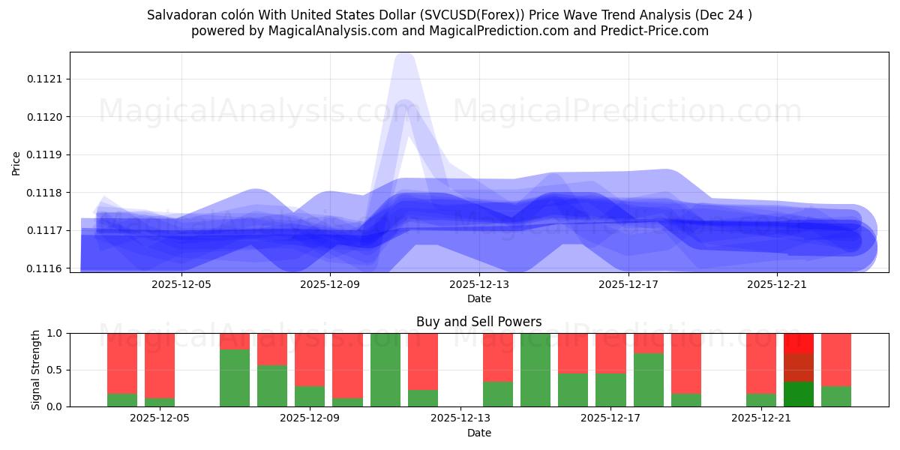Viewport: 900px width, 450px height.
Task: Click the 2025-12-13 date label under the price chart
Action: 479,284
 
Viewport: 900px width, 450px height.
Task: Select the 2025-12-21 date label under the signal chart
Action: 761,418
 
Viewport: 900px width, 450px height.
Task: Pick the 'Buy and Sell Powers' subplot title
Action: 479,322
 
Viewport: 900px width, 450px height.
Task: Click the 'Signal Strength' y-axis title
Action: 35,370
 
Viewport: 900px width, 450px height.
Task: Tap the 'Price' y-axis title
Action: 16,163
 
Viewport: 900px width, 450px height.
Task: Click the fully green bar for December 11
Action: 385,370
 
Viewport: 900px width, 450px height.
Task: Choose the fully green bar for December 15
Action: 535,370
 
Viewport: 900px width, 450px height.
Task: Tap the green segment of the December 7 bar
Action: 235,378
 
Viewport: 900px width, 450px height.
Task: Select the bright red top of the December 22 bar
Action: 799,343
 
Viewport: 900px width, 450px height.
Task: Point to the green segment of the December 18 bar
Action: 649,379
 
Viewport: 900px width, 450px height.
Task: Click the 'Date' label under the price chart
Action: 479,298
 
